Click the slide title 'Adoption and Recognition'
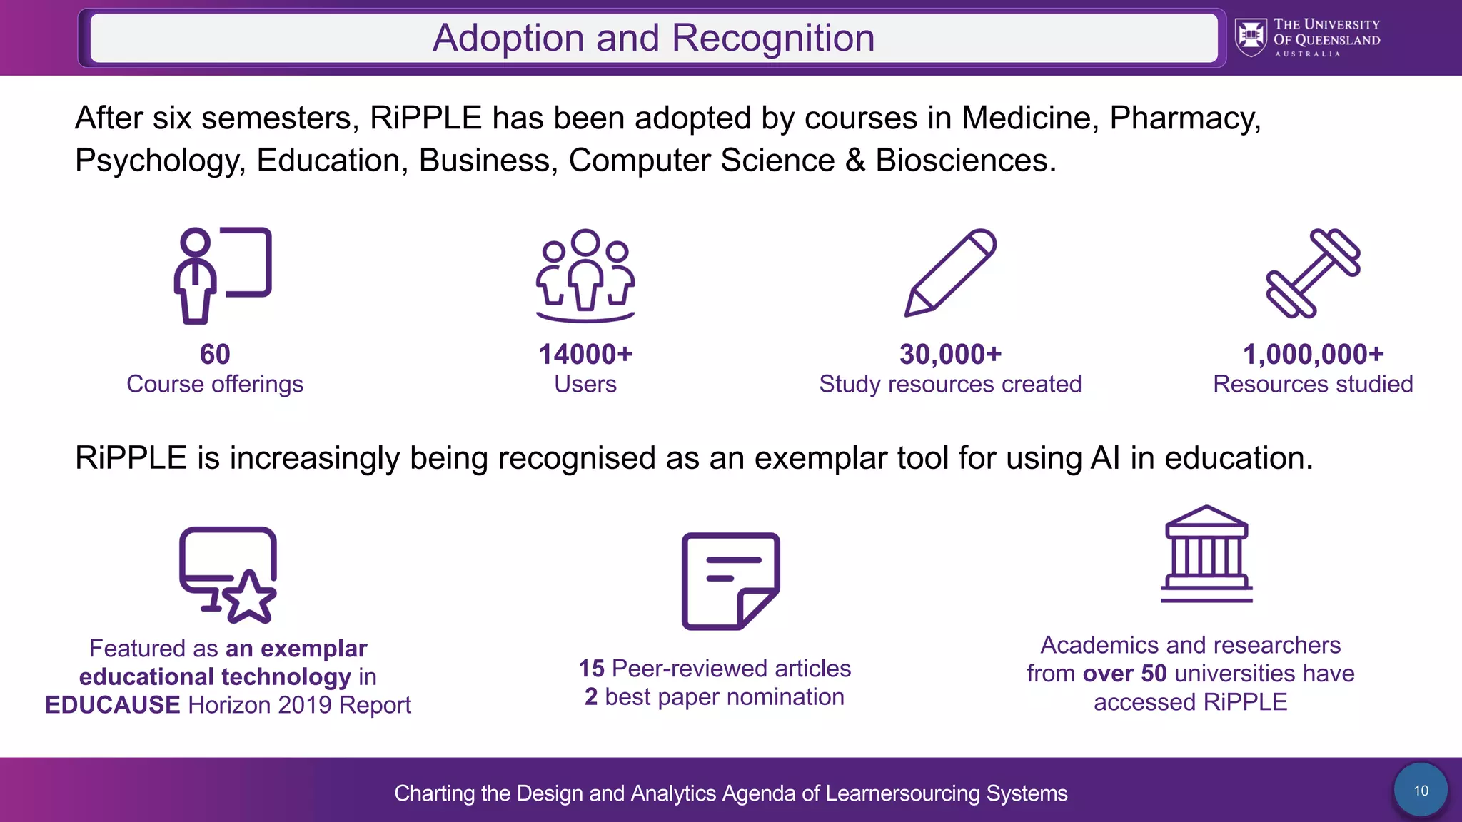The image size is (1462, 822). click(x=653, y=38)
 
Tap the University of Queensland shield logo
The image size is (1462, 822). click(x=1251, y=37)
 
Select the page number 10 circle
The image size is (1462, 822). click(x=1421, y=791)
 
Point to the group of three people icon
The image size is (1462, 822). click(x=585, y=275)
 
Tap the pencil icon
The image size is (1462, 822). click(x=950, y=273)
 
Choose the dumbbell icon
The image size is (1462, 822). click(x=1313, y=273)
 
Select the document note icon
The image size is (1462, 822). click(x=730, y=581)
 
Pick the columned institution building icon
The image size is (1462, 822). click(x=1206, y=554)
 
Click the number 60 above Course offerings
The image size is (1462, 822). click(x=215, y=355)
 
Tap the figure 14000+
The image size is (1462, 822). click(x=585, y=355)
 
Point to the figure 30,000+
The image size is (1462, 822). click(x=950, y=355)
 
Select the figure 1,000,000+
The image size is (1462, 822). click(x=1313, y=355)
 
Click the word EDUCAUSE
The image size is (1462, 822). click(x=113, y=705)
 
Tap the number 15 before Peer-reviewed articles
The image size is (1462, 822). click(x=591, y=669)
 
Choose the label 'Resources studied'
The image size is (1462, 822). click(x=1313, y=385)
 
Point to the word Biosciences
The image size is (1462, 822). click(x=965, y=161)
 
